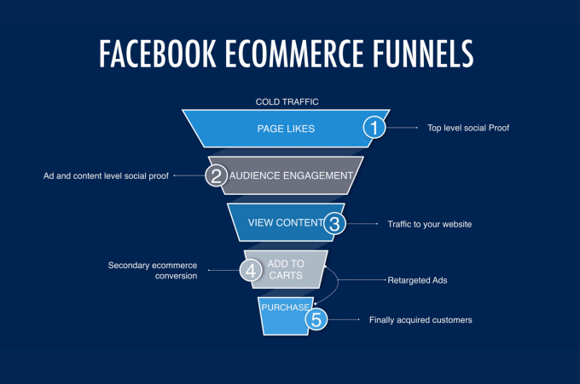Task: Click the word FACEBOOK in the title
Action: (158, 54)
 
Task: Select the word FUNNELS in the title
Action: (423, 54)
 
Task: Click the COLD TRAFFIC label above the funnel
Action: (287, 102)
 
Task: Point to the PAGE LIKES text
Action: (286, 129)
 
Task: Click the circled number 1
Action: (374, 128)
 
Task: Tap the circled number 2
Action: (217, 175)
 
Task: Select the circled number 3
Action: (334, 223)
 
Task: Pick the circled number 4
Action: (251, 270)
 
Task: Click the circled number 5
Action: (316, 319)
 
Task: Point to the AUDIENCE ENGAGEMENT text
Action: (291, 175)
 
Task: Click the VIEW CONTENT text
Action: (286, 222)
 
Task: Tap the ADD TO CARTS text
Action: (286, 270)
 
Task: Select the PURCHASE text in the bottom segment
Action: (285, 307)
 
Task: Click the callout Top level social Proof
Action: (468, 128)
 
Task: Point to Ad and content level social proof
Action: (106, 176)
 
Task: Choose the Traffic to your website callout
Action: (429, 224)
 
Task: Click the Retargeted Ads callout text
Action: (417, 280)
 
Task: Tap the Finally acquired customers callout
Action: (420, 320)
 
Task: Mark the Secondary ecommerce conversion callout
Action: (153, 271)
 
